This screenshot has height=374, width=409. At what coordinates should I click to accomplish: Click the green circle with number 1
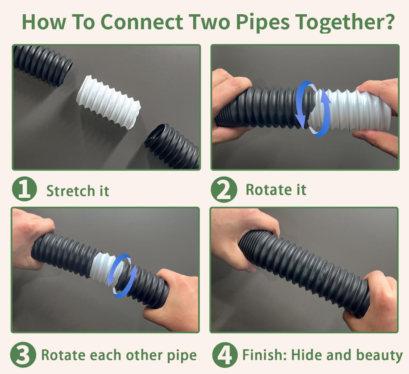(24, 189)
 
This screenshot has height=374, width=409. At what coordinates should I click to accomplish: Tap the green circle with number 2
(224, 190)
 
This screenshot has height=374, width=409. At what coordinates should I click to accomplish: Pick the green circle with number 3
(23, 355)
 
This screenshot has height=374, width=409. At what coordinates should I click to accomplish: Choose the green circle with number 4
(225, 355)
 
